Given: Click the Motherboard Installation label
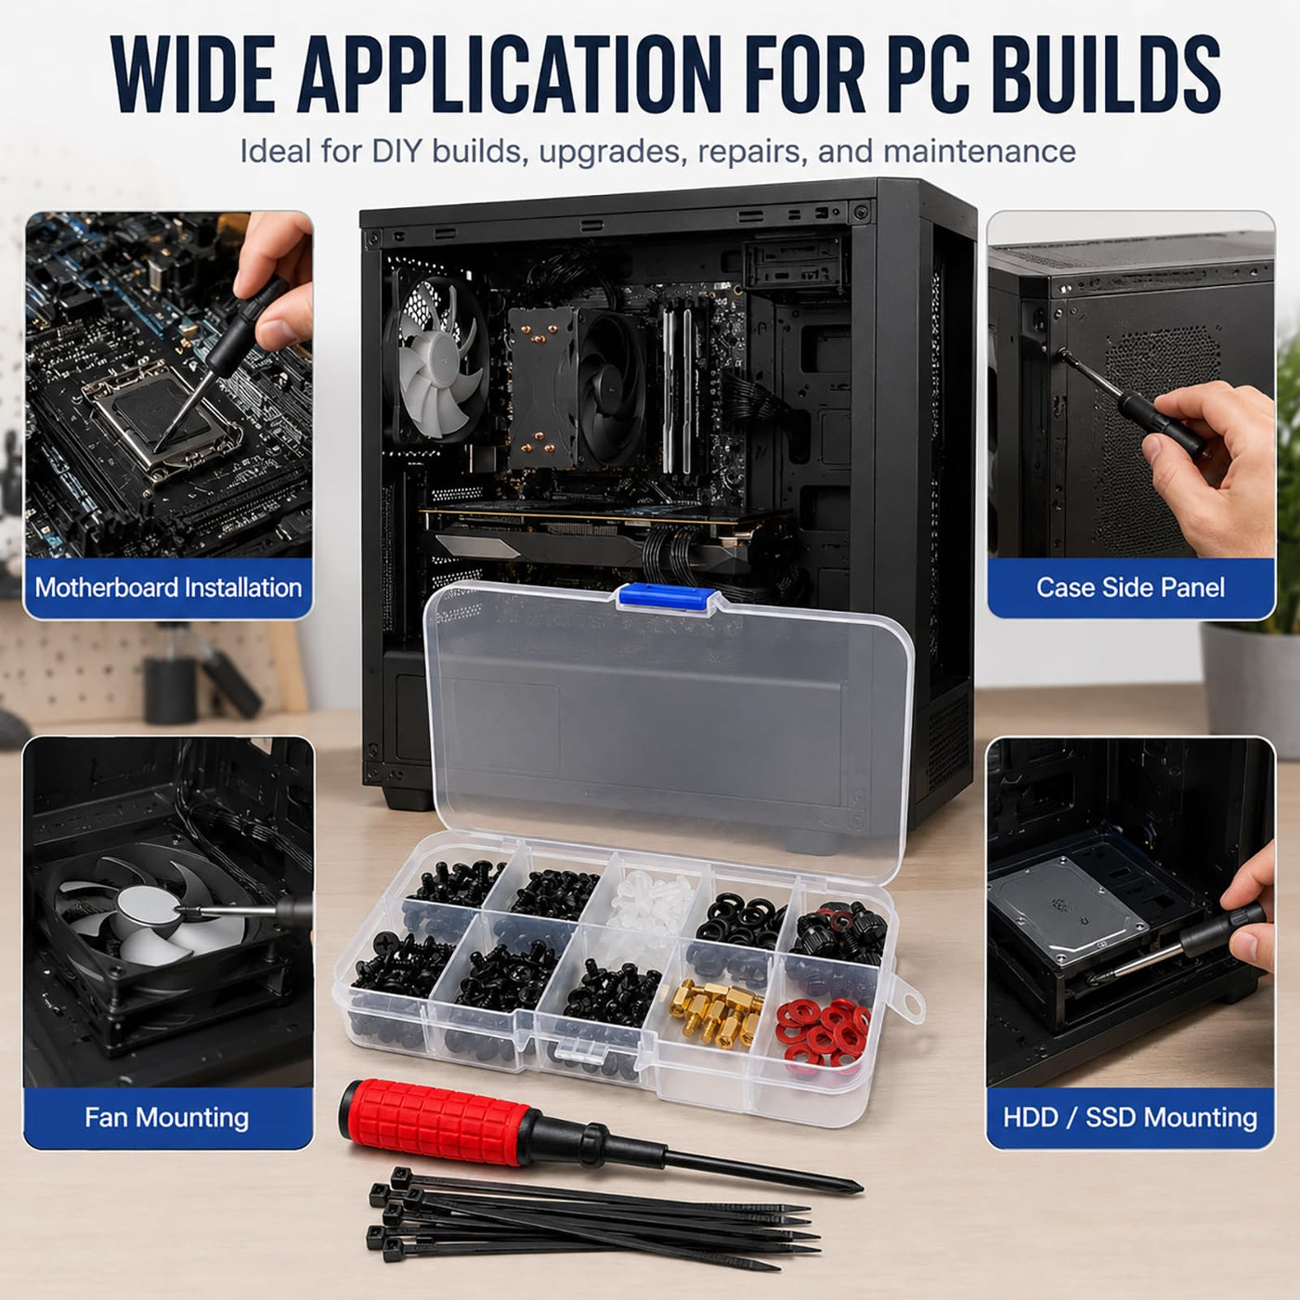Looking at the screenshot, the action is [169, 588].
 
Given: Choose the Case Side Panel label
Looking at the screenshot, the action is [1131, 588].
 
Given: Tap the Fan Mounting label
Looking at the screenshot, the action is [166, 1118].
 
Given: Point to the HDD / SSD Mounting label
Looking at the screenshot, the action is [1130, 1118].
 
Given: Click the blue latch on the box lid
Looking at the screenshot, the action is [667, 598].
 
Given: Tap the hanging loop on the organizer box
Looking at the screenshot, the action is [908, 997].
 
